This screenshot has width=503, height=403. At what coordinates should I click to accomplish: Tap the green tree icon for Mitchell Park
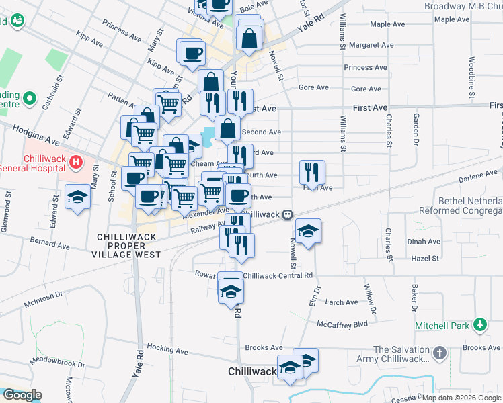(x=479, y=325)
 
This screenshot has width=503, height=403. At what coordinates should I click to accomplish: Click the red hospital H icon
(x=75, y=162)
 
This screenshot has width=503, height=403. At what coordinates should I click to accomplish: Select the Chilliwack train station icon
(x=287, y=214)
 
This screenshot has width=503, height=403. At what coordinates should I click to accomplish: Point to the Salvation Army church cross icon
(x=438, y=353)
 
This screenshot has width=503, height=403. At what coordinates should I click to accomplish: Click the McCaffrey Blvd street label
(x=343, y=324)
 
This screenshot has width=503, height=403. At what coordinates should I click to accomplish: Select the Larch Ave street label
(x=342, y=303)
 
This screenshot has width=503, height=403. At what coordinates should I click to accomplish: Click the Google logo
(x=22, y=395)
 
